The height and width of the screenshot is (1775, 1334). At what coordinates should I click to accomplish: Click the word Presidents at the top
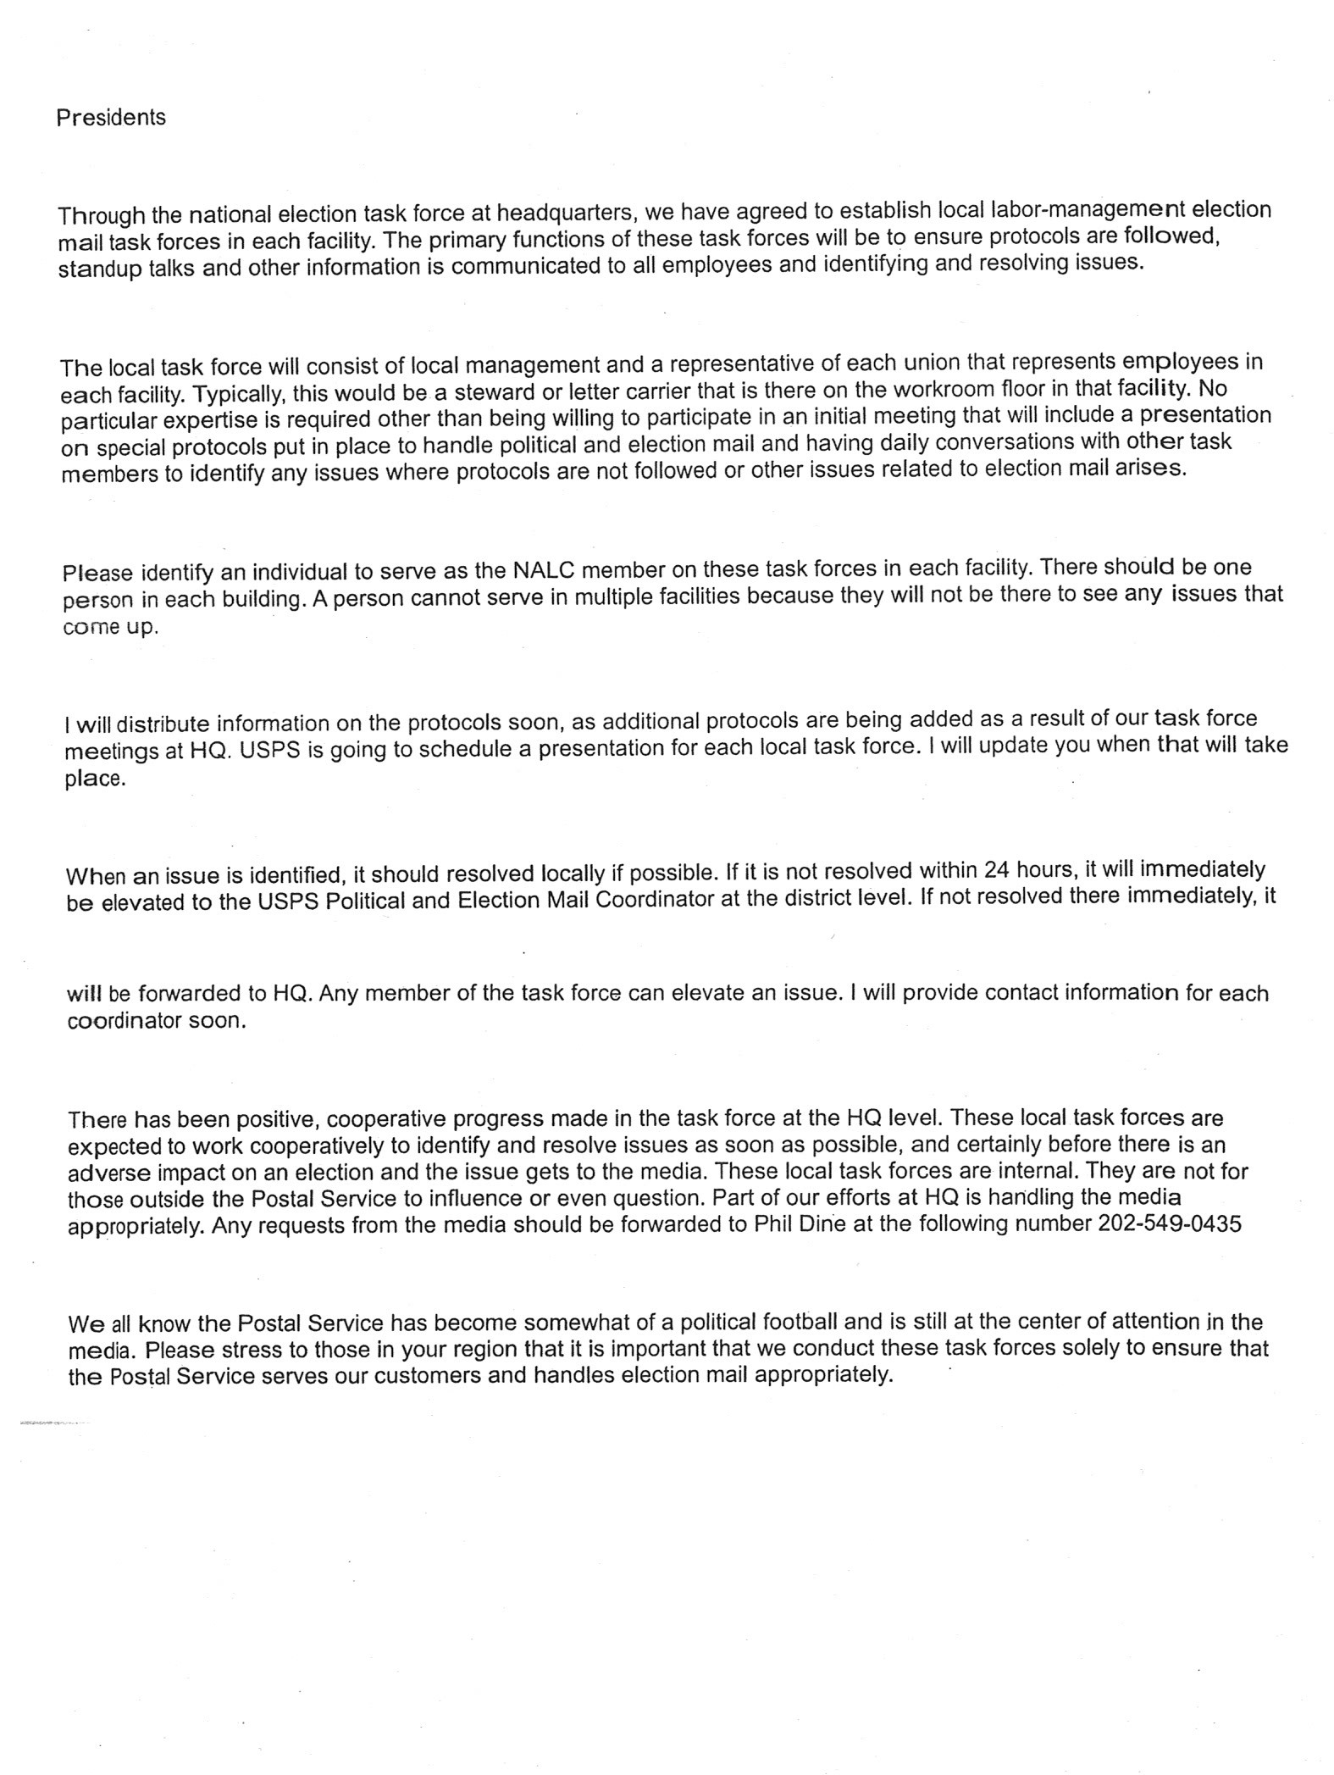pyautogui.click(x=111, y=118)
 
